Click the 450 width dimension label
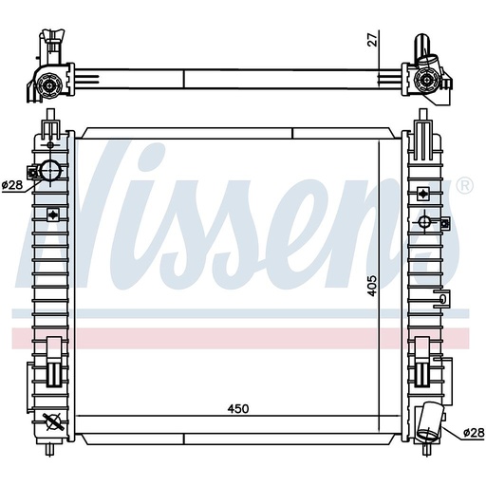237,409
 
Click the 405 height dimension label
374,285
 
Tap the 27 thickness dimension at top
374,39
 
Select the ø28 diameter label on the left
12,184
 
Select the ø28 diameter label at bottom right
473,433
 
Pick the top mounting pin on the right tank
423,122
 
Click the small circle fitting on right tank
423,222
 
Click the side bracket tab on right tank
439,301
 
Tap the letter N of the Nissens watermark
57,223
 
